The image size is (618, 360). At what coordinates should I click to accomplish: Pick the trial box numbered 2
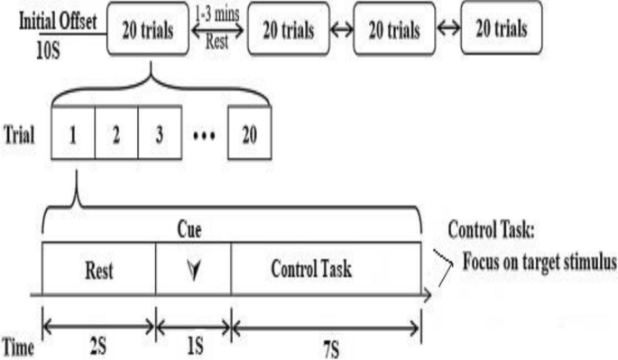(116, 136)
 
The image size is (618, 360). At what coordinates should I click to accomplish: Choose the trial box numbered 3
(160, 136)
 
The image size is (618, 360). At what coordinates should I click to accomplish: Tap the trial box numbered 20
(249, 136)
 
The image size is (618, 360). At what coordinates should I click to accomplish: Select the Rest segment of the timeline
(99, 269)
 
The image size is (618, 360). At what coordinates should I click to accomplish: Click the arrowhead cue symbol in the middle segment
(193, 269)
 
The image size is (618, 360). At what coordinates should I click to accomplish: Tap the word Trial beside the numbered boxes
(19, 136)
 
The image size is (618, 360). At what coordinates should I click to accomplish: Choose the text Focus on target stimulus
(539, 263)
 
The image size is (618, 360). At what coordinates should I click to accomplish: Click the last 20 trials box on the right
(495, 29)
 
